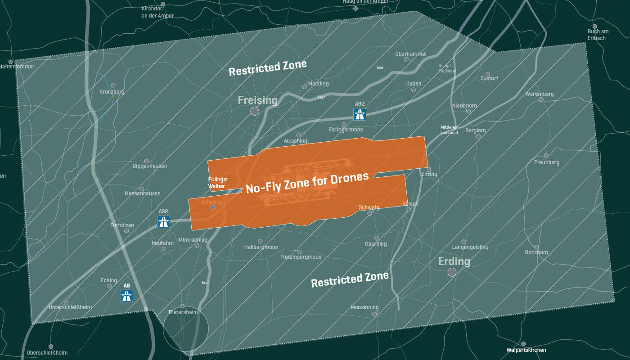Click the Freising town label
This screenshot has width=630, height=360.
(x=257, y=100)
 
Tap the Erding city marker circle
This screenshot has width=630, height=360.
(x=452, y=272)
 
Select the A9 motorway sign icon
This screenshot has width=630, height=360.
(x=126, y=296)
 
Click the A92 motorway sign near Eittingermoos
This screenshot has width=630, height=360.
(x=360, y=114)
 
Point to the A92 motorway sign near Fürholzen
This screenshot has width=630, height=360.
(x=163, y=221)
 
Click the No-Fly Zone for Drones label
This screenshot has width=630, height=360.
(x=307, y=183)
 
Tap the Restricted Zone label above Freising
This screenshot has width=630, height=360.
(x=268, y=67)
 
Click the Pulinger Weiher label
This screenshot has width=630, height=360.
(x=218, y=183)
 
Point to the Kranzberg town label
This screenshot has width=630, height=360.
(x=112, y=92)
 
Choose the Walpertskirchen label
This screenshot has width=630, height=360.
(x=526, y=350)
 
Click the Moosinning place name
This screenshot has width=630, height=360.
(x=364, y=307)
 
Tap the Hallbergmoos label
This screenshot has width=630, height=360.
(x=261, y=247)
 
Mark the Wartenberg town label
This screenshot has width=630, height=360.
(x=539, y=94)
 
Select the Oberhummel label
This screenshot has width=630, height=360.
(x=410, y=54)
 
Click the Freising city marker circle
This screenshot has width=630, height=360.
(x=255, y=111)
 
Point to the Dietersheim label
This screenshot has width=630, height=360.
(x=183, y=312)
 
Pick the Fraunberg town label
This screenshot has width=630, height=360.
(x=547, y=162)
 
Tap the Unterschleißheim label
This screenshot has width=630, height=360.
(x=70, y=307)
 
